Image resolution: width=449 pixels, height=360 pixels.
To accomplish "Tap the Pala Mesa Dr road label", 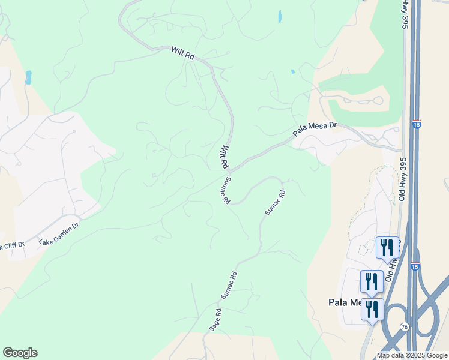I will pyautogui.click(x=315, y=128).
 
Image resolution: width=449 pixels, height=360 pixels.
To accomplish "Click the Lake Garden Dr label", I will pyautogui.click(x=59, y=233).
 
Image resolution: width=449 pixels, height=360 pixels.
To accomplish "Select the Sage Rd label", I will pyautogui.click(x=215, y=320).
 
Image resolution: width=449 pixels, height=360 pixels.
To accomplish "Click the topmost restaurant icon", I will pyautogui.click(x=387, y=247).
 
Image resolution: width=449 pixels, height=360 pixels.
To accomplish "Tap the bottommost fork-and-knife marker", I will pyautogui.click(x=372, y=309).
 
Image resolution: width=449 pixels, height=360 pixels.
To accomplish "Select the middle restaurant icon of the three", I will pyautogui.click(x=372, y=281).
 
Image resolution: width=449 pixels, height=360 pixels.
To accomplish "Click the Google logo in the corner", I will pyautogui.click(x=20, y=353).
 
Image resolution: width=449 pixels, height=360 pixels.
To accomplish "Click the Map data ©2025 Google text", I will pyautogui.click(x=412, y=355).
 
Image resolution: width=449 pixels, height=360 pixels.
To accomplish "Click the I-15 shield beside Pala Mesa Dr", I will pyautogui.click(x=417, y=124).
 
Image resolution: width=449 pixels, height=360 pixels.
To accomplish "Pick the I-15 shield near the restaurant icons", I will pyautogui.click(x=415, y=266).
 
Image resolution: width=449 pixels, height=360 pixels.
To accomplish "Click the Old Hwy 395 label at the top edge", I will pyautogui.click(x=405, y=13).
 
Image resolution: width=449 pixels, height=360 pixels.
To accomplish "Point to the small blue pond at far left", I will pyautogui.click(x=28, y=77).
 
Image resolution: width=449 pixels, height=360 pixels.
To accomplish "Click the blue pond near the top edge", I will pyautogui.click(x=280, y=16).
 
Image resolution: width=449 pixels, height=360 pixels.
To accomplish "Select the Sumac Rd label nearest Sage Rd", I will pyautogui.click(x=229, y=286).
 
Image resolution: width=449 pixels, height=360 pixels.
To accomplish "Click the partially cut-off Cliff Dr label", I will pyautogui.click(x=12, y=245).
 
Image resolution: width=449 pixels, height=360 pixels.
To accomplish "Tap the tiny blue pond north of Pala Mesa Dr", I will pyautogui.click(x=293, y=71).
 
